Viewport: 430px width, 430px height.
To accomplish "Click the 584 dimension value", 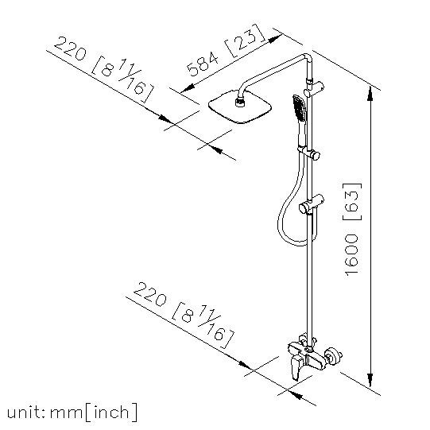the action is (203, 64).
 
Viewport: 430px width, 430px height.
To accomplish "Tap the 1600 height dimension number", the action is (352, 255).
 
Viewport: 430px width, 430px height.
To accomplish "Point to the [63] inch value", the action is (352, 202).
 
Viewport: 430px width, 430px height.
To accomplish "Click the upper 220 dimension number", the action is (71, 48).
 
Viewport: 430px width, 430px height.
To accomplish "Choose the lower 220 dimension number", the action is (150, 294).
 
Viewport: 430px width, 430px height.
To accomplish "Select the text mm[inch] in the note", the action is (94, 413).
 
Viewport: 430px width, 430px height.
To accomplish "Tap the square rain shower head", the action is (240, 107).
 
